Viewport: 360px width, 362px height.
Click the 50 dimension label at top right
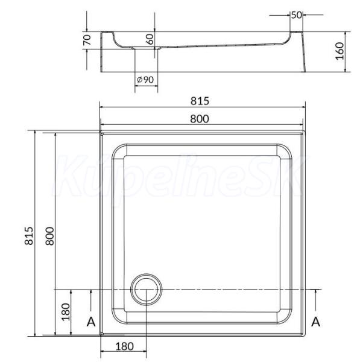point(296,15)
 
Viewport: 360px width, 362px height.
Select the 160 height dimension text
point(339,51)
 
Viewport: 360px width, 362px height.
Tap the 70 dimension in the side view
point(87,40)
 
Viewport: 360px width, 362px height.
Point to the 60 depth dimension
point(150,39)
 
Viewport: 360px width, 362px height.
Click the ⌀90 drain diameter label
point(145,80)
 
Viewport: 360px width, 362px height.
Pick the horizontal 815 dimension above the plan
point(200,101)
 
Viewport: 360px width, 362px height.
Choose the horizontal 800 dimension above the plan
point(200,119)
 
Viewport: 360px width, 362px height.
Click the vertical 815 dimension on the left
point(29,236)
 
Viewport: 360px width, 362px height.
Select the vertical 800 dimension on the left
point(50,236)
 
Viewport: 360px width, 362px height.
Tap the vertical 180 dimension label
point(66,312)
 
